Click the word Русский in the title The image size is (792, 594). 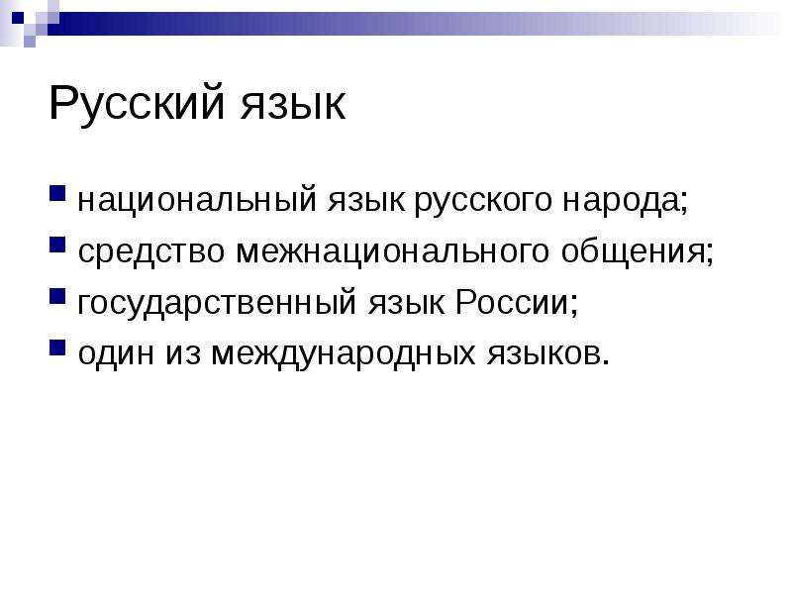tap(137, 105)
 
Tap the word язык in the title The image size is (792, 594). tap(293, 105)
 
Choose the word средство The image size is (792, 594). tap(151, 252)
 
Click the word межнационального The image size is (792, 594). tap(392, 252)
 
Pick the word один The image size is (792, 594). tap(116, 353)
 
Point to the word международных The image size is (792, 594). tap(343, 353)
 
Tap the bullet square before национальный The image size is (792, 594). tap(57, 194)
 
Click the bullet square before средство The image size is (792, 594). tap(57, 245)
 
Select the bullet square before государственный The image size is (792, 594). tap(57, 296)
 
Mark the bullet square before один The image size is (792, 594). tap(57, 347)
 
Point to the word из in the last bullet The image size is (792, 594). tap(183, 353)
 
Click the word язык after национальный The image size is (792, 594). tap(365, 201)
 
